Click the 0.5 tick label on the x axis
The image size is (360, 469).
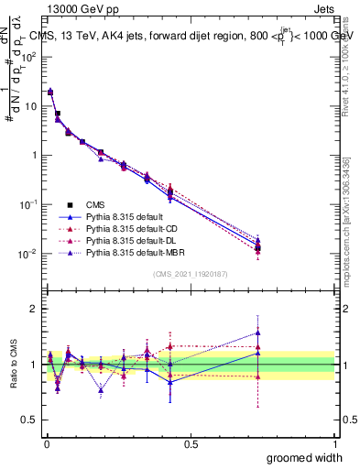pyautogui.click(x=191, y=443)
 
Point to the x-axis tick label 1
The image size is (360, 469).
pyautogui.click(x=334, y=443)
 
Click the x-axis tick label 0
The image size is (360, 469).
pyautogui.click(x=46, y=443)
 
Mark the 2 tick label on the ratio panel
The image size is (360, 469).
pyautogui.click(x=33, y=310)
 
